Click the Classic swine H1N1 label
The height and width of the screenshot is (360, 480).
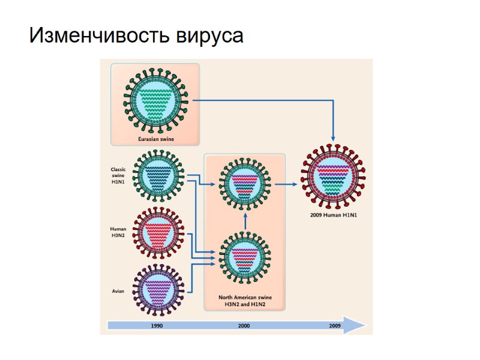point(118,175)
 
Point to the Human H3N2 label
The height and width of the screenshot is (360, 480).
point(118,233)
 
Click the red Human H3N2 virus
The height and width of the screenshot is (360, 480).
point(157,232)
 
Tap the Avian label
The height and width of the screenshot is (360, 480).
point(118,292)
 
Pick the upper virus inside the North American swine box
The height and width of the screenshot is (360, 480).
point(244,184)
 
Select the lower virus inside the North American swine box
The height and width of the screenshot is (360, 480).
point(244,257)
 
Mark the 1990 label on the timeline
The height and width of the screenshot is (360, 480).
point(157,326)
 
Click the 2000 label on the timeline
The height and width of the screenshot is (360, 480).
point(244,326)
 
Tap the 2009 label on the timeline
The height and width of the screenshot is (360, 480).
point(335,326)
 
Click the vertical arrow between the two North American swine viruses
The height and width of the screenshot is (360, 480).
point(245,221)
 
